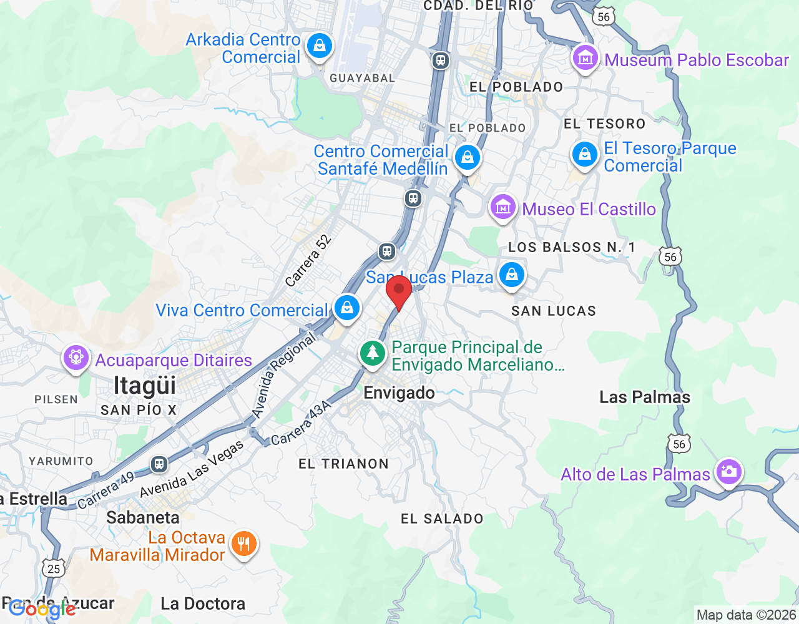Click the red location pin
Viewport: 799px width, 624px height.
pyautogui.click(x=399, y=291)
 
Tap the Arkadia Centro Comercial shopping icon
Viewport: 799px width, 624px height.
pyautogui.click(x=320, y=46)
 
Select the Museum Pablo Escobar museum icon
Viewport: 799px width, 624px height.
pyautogui.click(x=585, y=59)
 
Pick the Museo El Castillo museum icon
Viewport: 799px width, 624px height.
pyautogui.click(x=503, y=207)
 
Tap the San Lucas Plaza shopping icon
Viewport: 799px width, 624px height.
pyautogui.click(x=512, y=275)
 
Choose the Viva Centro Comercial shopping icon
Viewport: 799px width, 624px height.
pyautogui.click(x=346, y=308)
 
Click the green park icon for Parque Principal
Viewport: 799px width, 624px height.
pyautogui.click(x=373, y=353)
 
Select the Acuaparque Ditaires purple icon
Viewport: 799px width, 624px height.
pyautogui.click(x=76, y=358)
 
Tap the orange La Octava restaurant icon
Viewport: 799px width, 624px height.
pyautogui.click(x=243, y=544)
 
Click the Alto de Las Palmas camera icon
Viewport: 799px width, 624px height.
pyautogui.click(x=728, y=472)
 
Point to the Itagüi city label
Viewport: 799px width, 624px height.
pyautogui.click(x=145, y=386)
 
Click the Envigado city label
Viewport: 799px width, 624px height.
pyautogui.click(x=399, y=393)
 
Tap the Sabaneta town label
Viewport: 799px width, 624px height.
pyautogui.click(x=143, y=517)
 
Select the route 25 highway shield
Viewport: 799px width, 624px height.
pyautogui.click(x=54, y=568)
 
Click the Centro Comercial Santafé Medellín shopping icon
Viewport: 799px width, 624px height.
pyautogui.click(x=467, y=157)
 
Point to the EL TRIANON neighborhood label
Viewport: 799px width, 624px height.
pyautogui.click(x=343, y=464)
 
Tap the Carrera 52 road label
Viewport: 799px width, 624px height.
pyautogui.click(x=308, y=261)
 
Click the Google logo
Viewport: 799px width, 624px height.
pyautogui.click(x=42, y=609)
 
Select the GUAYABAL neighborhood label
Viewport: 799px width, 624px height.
pyautogui.click(x=362, y=78)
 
